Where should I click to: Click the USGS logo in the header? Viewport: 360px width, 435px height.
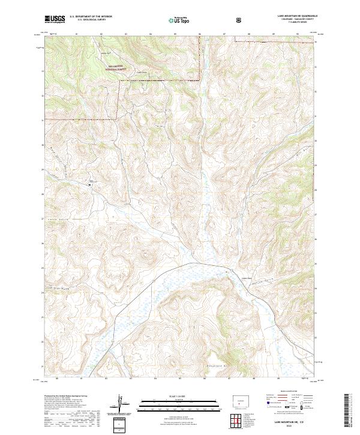(x=55, y=20)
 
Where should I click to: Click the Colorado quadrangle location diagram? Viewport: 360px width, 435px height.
(x=238, y=399)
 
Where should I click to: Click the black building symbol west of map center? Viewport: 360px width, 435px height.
(x=90, y=185)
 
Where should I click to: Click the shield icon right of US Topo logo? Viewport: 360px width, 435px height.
(x=239, y=20)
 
